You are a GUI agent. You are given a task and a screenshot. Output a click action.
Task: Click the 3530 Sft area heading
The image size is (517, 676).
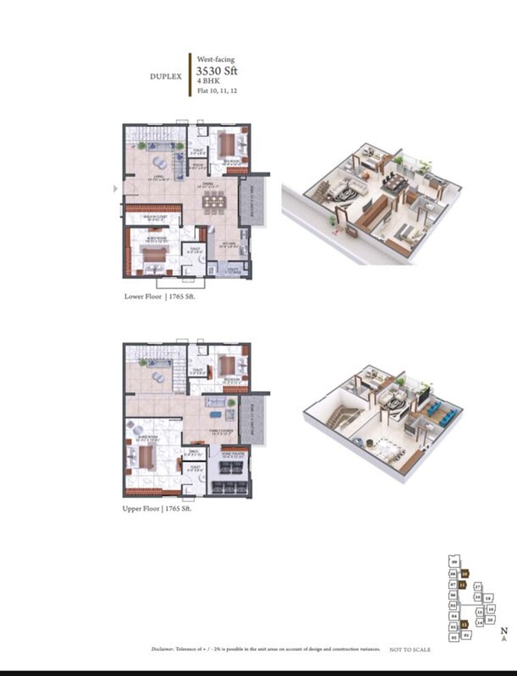216,71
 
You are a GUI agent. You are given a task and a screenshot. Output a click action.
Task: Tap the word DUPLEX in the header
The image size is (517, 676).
165,77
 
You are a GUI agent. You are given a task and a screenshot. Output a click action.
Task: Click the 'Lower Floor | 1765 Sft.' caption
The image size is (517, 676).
159,297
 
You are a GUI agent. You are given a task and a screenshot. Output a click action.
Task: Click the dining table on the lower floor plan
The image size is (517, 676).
214,202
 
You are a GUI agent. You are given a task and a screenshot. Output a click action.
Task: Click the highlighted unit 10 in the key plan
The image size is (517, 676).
465,573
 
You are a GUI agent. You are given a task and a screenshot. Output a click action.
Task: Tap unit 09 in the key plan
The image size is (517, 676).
454,561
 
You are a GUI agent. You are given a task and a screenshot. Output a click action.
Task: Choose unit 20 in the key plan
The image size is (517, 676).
490,620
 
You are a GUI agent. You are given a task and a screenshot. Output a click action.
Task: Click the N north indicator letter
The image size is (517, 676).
504,631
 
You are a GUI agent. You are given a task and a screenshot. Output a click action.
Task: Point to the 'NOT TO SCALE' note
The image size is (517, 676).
410,650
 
